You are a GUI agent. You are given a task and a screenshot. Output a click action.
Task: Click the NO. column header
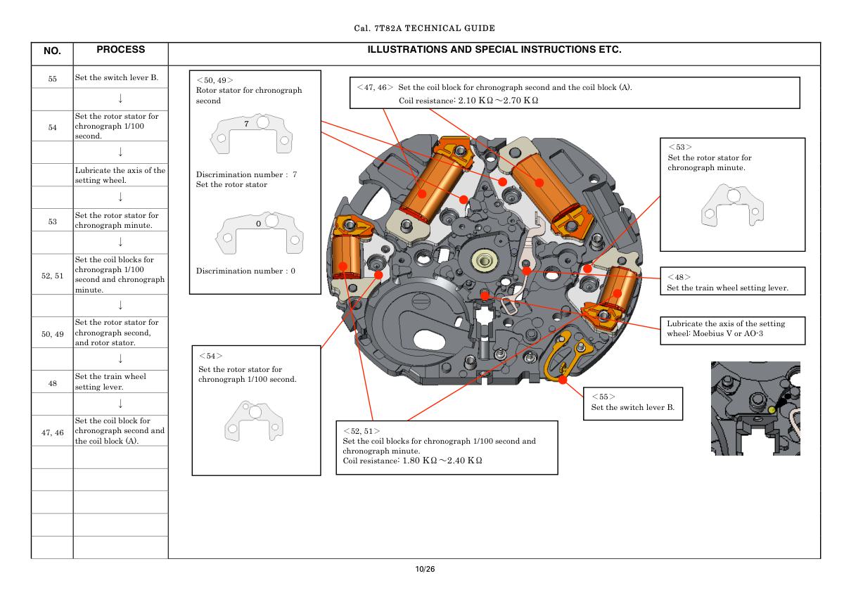52,51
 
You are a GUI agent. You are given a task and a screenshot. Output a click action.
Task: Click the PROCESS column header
120,50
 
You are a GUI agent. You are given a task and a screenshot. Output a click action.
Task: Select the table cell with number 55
52,78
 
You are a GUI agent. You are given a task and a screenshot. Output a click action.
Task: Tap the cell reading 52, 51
52,275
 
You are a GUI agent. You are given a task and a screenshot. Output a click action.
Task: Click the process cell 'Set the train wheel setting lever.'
120,380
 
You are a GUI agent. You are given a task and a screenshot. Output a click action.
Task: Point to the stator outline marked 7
252,133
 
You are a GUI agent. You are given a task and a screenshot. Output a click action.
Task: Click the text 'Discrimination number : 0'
245,271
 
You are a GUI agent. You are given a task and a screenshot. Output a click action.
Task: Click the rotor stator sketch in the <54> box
252,420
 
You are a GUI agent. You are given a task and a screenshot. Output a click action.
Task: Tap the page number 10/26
426,569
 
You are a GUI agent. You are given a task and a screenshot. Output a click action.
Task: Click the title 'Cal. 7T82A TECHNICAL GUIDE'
425,28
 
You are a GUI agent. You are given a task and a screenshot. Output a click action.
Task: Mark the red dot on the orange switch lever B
563,380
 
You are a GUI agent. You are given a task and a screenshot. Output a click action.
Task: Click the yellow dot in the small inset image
772,409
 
